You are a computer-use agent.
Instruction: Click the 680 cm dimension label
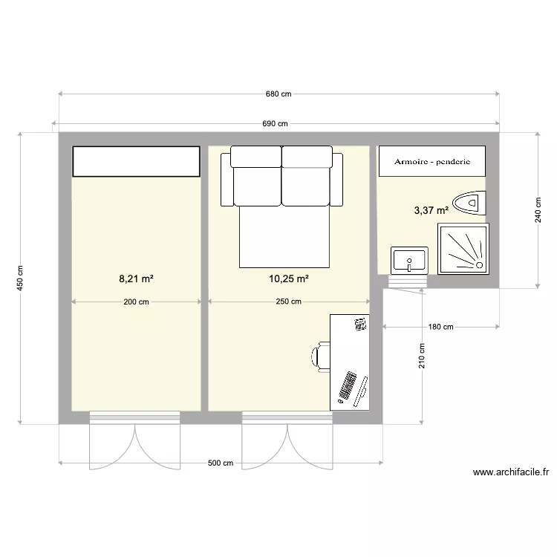[x=278, y=94]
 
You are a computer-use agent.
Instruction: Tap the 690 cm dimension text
[x=275, y=123]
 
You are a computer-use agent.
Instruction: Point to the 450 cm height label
[x=20, y=278]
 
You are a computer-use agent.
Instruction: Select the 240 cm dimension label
[x=538, y=210]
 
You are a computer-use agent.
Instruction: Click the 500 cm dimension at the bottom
[x=221, y=463]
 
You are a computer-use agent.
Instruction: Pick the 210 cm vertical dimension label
[x=422, y=356]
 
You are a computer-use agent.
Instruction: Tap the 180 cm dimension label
[x=441, y=327]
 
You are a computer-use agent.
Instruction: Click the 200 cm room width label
[x=136, y=302]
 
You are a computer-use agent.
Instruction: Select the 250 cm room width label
[x=288, y=302]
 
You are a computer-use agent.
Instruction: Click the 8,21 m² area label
[x=136, y=278]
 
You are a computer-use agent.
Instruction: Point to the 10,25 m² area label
[x=288, y=278]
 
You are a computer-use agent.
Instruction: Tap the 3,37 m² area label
[x=431, y=210]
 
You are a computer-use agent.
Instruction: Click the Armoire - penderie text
[x=432, y=162]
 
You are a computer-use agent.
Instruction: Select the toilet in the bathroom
[x=469, y=203]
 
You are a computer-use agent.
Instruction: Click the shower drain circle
[x=479, y=265]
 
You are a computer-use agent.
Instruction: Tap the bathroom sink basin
[x=409, y=261]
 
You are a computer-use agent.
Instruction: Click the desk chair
[x=320, y=356]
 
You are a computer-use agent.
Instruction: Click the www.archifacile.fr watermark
[x=511, y=472]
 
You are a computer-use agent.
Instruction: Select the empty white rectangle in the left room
[x=137, y=161]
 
